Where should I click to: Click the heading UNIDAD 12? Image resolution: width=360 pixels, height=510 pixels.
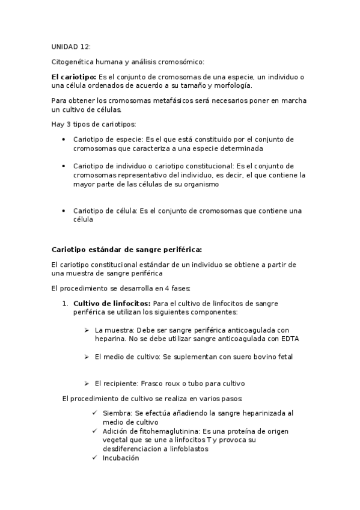tap(71, 46)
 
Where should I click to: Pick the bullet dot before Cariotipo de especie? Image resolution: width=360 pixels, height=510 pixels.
tap(64, 139)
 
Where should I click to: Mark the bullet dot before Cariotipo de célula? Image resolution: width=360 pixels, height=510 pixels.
tap(64, 211)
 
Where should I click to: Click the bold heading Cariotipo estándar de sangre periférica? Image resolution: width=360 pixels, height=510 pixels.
tap(127, 249)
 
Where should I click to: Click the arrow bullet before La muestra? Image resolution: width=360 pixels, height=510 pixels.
tap(87, 330)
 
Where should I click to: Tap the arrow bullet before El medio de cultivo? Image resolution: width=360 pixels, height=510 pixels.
tap(87, 357)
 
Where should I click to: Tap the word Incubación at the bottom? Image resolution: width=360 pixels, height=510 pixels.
tap(121, 457)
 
